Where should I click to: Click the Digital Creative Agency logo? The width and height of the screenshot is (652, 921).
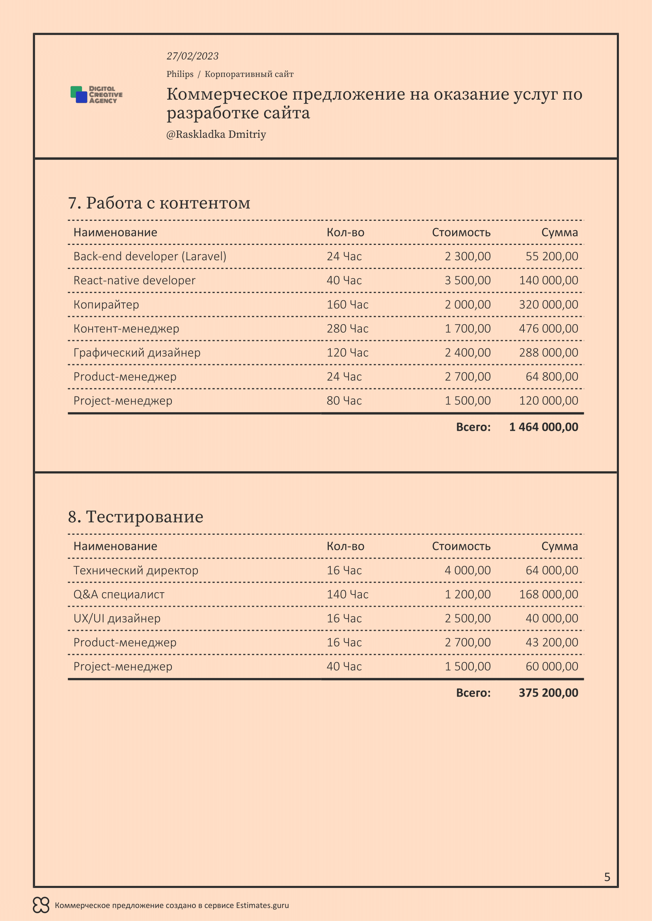coord(96,95)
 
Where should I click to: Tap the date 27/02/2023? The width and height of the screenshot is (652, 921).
coord(192,56)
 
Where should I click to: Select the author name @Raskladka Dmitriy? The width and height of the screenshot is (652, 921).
coord(216,134)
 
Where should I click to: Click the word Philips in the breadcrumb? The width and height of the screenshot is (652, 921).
coord(180,74)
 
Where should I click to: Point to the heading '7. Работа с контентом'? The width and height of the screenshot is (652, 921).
coord(159,203)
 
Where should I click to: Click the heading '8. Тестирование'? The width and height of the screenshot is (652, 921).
coord(136,517)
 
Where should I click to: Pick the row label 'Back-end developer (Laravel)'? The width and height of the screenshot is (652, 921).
coord(150,256)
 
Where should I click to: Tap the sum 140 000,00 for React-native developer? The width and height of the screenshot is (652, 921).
coord(548,280)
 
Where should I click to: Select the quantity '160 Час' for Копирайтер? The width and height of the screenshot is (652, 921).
coord(347,304)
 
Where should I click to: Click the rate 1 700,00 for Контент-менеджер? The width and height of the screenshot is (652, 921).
coord(468,328)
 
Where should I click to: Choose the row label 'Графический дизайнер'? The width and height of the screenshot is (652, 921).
coord(137,352)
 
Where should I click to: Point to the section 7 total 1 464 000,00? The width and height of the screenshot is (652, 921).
coord(544,427)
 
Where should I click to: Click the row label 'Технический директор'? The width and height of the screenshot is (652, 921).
coord(136,570)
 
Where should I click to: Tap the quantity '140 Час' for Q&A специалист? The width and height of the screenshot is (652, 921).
coord(347,594)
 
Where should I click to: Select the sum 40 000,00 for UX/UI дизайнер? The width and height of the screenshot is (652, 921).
coord(551,618)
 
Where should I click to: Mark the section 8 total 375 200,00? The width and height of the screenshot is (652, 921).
coord(548,693)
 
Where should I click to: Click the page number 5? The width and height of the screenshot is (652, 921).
coord(607,877)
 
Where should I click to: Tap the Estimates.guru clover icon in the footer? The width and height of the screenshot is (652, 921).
coord(41,905)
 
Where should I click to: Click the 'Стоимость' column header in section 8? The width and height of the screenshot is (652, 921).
coord(461,547)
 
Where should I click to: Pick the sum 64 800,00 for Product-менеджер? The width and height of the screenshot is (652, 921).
coord(551,377)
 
